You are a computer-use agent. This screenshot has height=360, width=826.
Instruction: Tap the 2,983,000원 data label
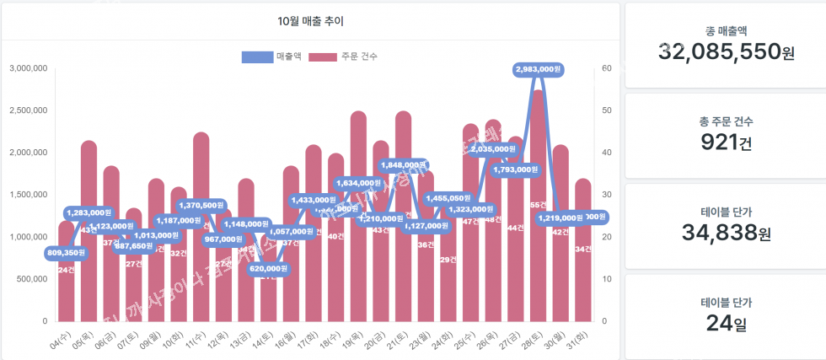pyautogui.click(x=538, y=69)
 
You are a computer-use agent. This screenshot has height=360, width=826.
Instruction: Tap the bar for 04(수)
pyautogui.click(x=66, y=287)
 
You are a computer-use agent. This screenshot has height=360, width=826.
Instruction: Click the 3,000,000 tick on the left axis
pyautogui.click(x=28, y=68)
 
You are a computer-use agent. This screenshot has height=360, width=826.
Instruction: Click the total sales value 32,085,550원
pyautogui.click(x=726, y=52)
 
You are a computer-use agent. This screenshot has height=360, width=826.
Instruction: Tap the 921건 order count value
pyautogui.click(x=726, y=142)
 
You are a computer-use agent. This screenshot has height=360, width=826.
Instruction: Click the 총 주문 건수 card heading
pyautogui.click(x=726, y=121)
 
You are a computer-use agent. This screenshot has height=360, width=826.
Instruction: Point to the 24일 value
pyautogui.click(x=726, y=322)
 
